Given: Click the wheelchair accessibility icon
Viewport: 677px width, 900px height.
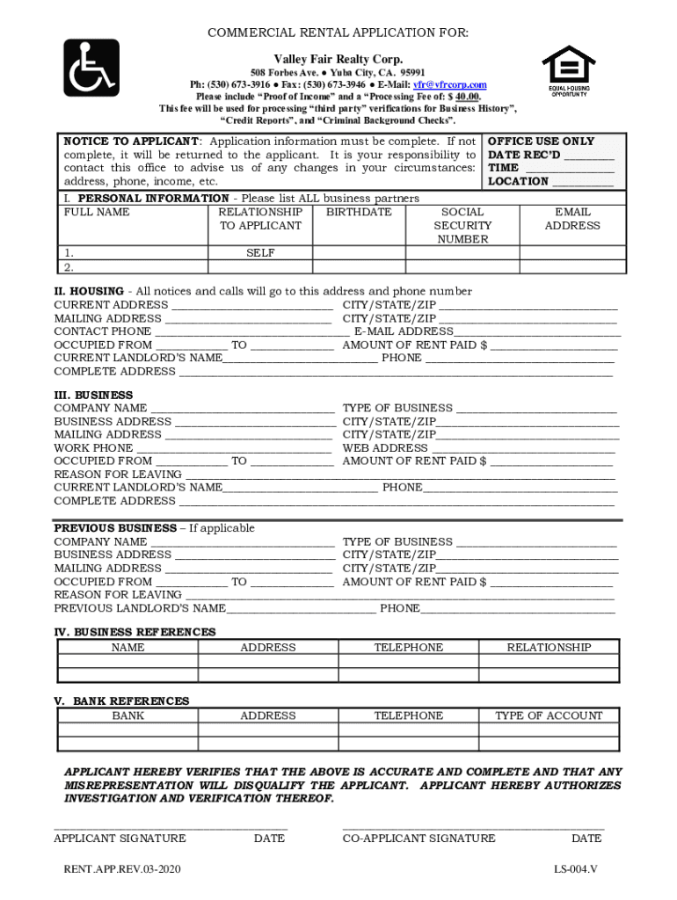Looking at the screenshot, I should [x=91, y=68].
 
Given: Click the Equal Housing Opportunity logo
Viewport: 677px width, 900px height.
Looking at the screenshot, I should [x=567, y=70].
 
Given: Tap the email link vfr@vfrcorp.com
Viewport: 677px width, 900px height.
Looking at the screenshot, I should [x=450, y=85].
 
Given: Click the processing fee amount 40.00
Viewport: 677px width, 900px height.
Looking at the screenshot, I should [x=467, y=97].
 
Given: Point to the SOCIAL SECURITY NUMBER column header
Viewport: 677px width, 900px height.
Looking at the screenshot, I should [x=462, y=226].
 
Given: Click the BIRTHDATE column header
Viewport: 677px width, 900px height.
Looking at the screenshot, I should [x=359, y=213].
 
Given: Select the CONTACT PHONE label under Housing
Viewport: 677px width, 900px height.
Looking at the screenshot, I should [x=102, y=332].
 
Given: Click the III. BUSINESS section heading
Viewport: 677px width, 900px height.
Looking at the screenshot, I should [x=94, y=396].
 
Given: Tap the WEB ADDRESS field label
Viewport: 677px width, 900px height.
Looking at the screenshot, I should [x=385, y=448].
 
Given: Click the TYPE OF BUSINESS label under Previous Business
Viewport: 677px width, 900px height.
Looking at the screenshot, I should [x=397, y=542].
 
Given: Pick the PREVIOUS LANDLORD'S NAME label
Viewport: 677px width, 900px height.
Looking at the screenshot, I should [x=140, y=608].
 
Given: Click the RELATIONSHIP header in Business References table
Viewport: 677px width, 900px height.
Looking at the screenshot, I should [x=549, y=648].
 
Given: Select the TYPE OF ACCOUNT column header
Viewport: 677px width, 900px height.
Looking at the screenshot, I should [x=549, y=716].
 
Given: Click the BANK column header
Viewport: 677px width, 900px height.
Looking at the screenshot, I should [x=128, y=716].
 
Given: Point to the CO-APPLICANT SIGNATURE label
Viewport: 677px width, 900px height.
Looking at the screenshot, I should [x=419, y=838].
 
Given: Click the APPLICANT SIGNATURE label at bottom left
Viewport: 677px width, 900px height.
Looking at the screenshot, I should [x=120, y=838].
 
